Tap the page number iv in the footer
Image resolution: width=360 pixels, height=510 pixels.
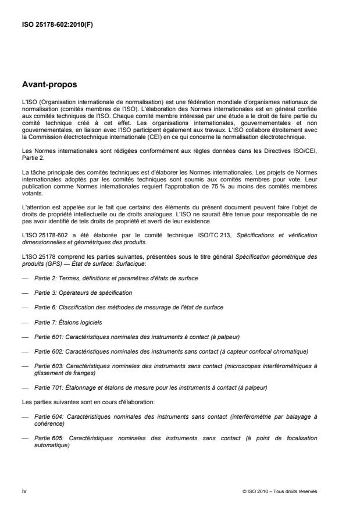click(23, 491)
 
